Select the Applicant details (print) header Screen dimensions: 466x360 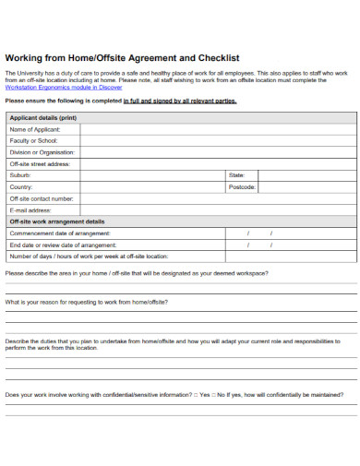(x=43, y=118)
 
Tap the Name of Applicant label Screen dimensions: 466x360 (x=35, y=129)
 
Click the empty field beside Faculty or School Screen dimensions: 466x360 (x=218, y=140)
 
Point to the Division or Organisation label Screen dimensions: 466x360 (x=42, y=152)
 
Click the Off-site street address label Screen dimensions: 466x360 (x=40, y=163)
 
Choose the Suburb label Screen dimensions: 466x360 (x=20, y=174)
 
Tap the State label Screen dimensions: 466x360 (x=235, y=174)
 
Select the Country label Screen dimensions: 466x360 (x=21, y=186)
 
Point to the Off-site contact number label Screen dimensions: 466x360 (x=42, y=198)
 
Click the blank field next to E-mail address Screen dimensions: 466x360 (x=218, y=210)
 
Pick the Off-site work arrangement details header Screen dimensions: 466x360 (x=57, y=221)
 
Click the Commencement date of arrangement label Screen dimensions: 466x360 (x=60, y=233)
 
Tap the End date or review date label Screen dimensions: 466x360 (x=64, y=245)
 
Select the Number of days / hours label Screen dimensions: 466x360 (x=89, y=257)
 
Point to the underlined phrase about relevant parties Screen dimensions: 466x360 (x=180, y=101)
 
